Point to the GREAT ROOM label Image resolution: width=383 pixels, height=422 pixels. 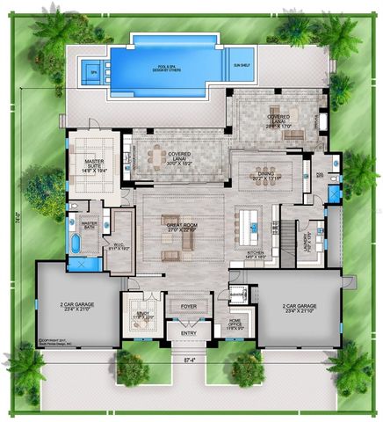(x=181, y=227)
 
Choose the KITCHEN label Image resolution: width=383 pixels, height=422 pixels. (x=256, y=253)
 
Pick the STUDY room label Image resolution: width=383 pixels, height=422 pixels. (x=143, y=315)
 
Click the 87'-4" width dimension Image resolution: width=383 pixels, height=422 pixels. (x=190, y=360)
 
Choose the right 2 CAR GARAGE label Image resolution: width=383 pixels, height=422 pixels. (x=298, y=309)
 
